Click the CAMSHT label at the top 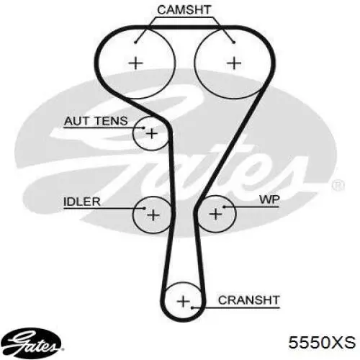(184, 10)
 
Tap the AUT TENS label (96, 121)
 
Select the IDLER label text (82, 202)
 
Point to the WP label (269, 199)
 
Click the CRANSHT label (249, 300)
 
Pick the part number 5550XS (322, 343)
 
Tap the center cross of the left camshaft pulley (136, 63)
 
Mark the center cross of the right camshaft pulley (234, 63)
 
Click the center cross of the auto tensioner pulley (152, 133)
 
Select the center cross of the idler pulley (153, 215)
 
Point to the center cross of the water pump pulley (215, 214)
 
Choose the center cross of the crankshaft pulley (183, 301)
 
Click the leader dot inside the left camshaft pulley (135, 42)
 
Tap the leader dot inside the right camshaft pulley (234, 42)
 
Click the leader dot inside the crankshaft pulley (192, 307)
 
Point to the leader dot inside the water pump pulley (224, 207)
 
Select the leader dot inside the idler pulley (144, 208)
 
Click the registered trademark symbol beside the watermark (338, 186)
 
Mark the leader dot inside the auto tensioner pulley (144, 128)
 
